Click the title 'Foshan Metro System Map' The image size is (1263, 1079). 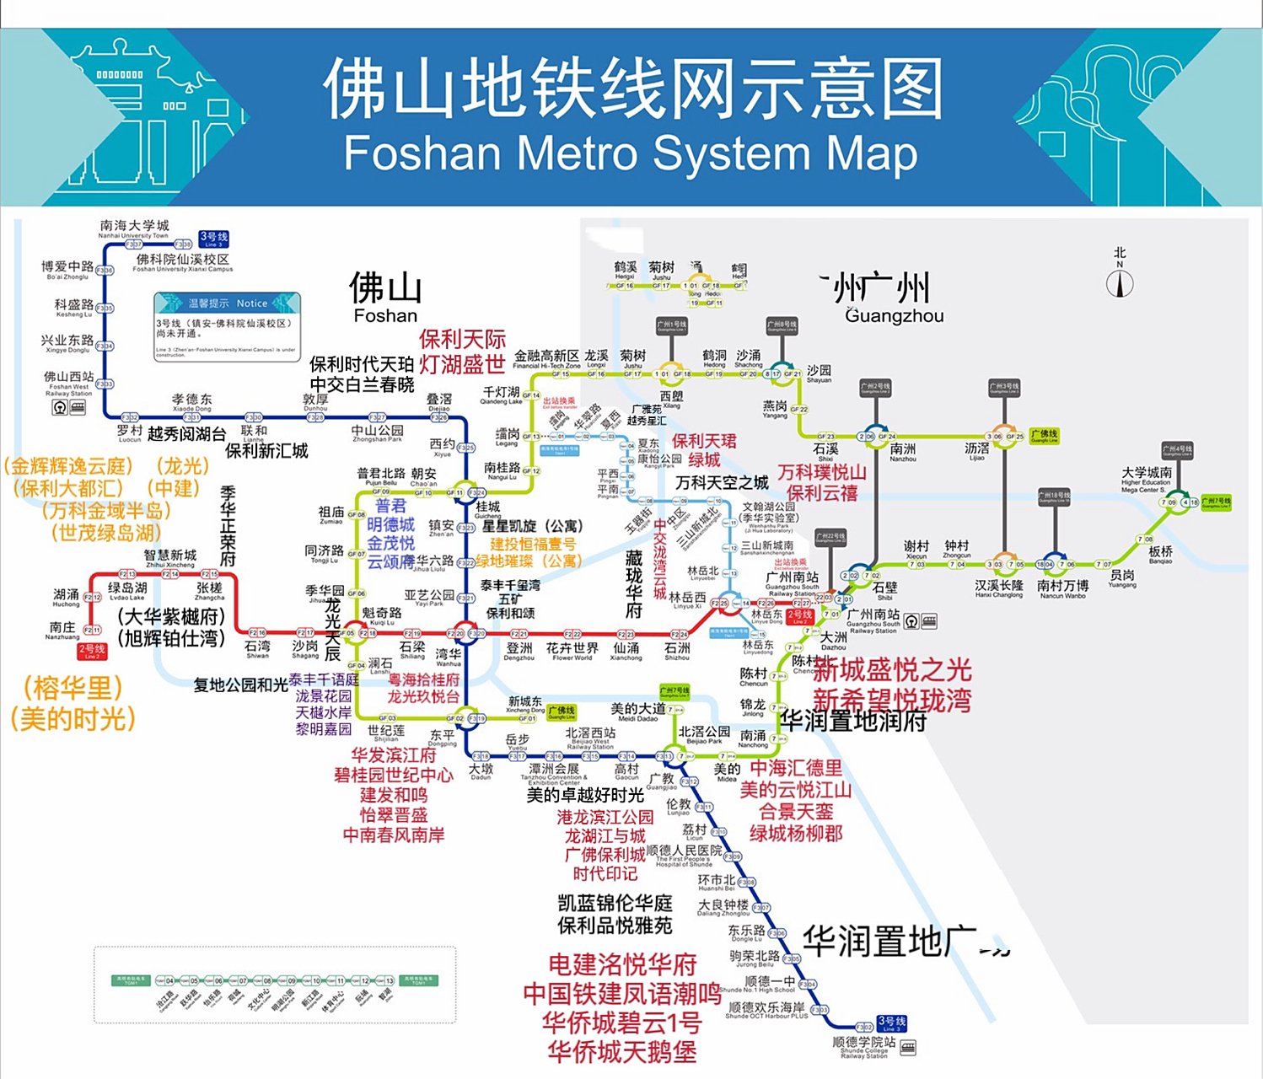point(631,153)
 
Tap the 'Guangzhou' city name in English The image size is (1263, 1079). point(895,316)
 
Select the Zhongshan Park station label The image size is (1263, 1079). point(377,433)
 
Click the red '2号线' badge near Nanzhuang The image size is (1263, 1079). point(92,651)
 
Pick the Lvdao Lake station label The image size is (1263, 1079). point(127,590)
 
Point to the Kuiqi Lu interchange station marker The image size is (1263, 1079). point(352,632)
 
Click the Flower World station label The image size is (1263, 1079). point(572,651)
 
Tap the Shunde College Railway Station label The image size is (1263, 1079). point(864,1046)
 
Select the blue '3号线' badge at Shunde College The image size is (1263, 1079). point(891,1023)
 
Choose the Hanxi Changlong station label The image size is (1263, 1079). point(999,588)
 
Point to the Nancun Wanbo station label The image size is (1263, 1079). point(1062,588)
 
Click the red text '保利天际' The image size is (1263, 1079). point(463,340)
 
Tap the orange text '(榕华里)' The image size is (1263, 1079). point(73,688)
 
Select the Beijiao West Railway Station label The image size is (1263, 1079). point(590,737)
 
